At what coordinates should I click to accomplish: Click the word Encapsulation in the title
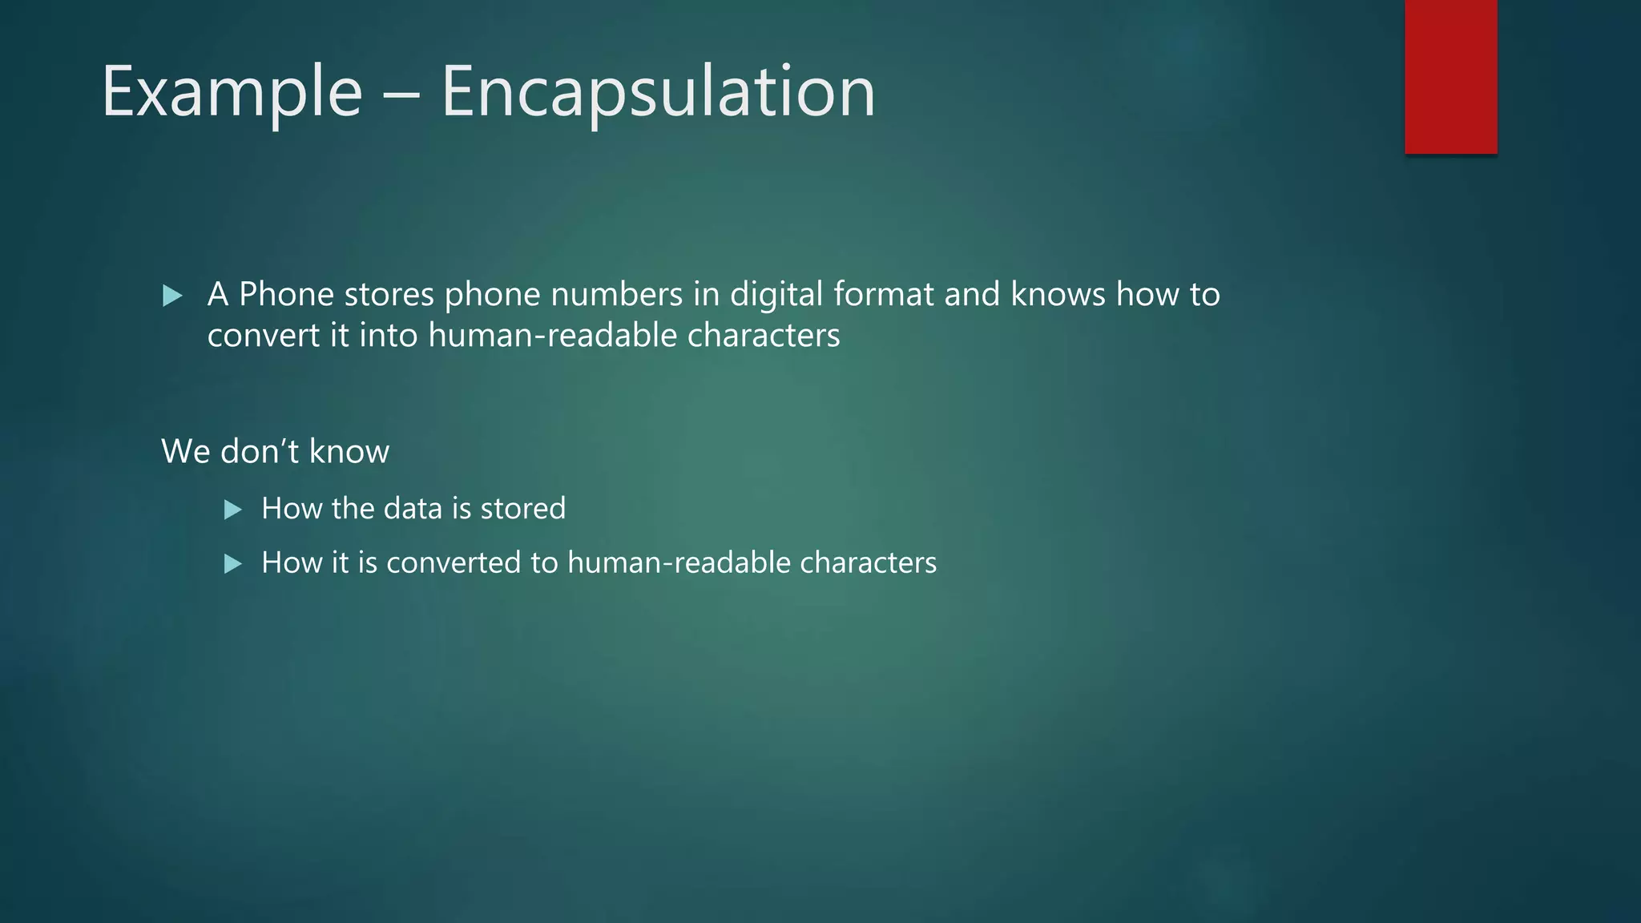click(x=658, y=93)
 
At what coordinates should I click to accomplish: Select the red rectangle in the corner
click(x=1450, y=76)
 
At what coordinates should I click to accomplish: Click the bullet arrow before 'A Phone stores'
click(x=172, y=296)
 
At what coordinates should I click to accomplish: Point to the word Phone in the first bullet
click(x=286, y=295)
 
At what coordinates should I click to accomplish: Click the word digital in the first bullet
click(x=776, y=295)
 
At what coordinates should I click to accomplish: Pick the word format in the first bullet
click(x=884, y=295)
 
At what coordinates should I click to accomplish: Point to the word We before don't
click(x=186, y=452)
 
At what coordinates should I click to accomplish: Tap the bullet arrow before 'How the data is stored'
click(x=233, y=510)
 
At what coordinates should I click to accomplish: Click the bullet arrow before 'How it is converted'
click(x=233, y=564)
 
